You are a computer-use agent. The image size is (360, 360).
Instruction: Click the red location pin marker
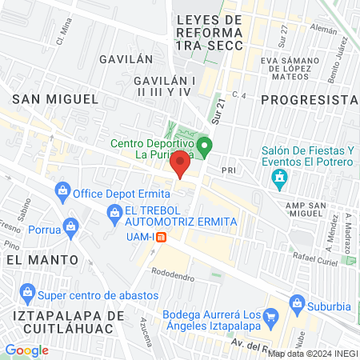[182, 163]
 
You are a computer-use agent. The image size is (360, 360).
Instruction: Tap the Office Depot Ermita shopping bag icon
[62, 192]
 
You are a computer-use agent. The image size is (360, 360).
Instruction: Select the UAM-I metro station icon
[161, 237]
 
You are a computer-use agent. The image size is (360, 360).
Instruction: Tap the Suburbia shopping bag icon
[298, 302]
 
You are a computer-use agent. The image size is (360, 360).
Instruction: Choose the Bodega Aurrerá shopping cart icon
[270, 314]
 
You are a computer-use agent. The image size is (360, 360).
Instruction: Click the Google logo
[26, 350]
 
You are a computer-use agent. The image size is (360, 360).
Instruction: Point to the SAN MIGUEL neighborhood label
[54, 98]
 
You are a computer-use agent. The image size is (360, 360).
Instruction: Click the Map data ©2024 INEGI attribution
[312, 353]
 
